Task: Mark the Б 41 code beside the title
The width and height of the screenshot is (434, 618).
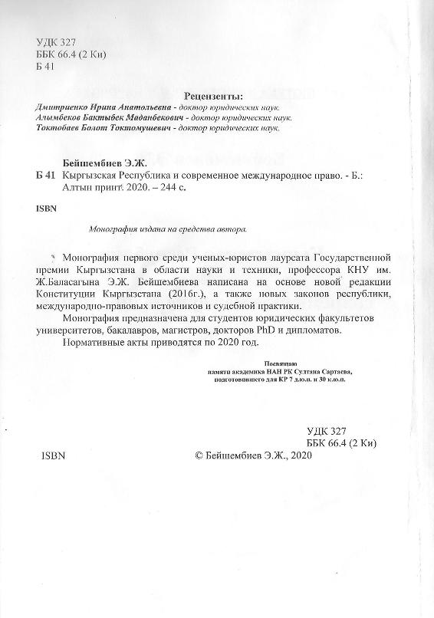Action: tap(47, 176)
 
